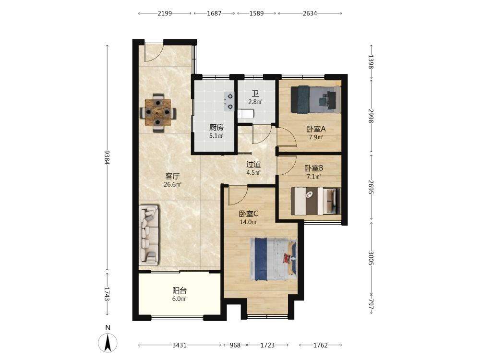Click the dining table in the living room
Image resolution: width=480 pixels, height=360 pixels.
point(158,113)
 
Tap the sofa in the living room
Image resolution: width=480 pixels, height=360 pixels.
point(149,235)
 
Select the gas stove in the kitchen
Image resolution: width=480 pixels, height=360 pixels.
point(229,101)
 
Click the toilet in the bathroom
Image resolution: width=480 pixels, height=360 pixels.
point(246,114)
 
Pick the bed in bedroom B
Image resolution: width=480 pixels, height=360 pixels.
point(316,201)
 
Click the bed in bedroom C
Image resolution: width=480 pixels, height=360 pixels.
point(274,259)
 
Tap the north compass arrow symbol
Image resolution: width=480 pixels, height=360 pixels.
point(108,343)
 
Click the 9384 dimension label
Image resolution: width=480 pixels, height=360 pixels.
point(107,157)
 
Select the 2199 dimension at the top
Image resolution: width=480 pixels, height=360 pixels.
point(165,13)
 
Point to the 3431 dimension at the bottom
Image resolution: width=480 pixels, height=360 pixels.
point(180,345)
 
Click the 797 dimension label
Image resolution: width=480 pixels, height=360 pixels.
point(371,304)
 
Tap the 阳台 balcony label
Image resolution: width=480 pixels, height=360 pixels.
point(180,290)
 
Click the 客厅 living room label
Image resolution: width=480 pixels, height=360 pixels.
point(172,176)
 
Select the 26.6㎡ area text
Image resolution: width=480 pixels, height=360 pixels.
point(172,184)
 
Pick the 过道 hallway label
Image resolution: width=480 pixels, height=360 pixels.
point(253,164)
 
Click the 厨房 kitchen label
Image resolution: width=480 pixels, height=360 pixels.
point(216,127)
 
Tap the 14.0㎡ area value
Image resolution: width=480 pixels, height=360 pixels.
point(248,222)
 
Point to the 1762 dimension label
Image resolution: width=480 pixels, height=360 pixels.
point(321,345)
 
